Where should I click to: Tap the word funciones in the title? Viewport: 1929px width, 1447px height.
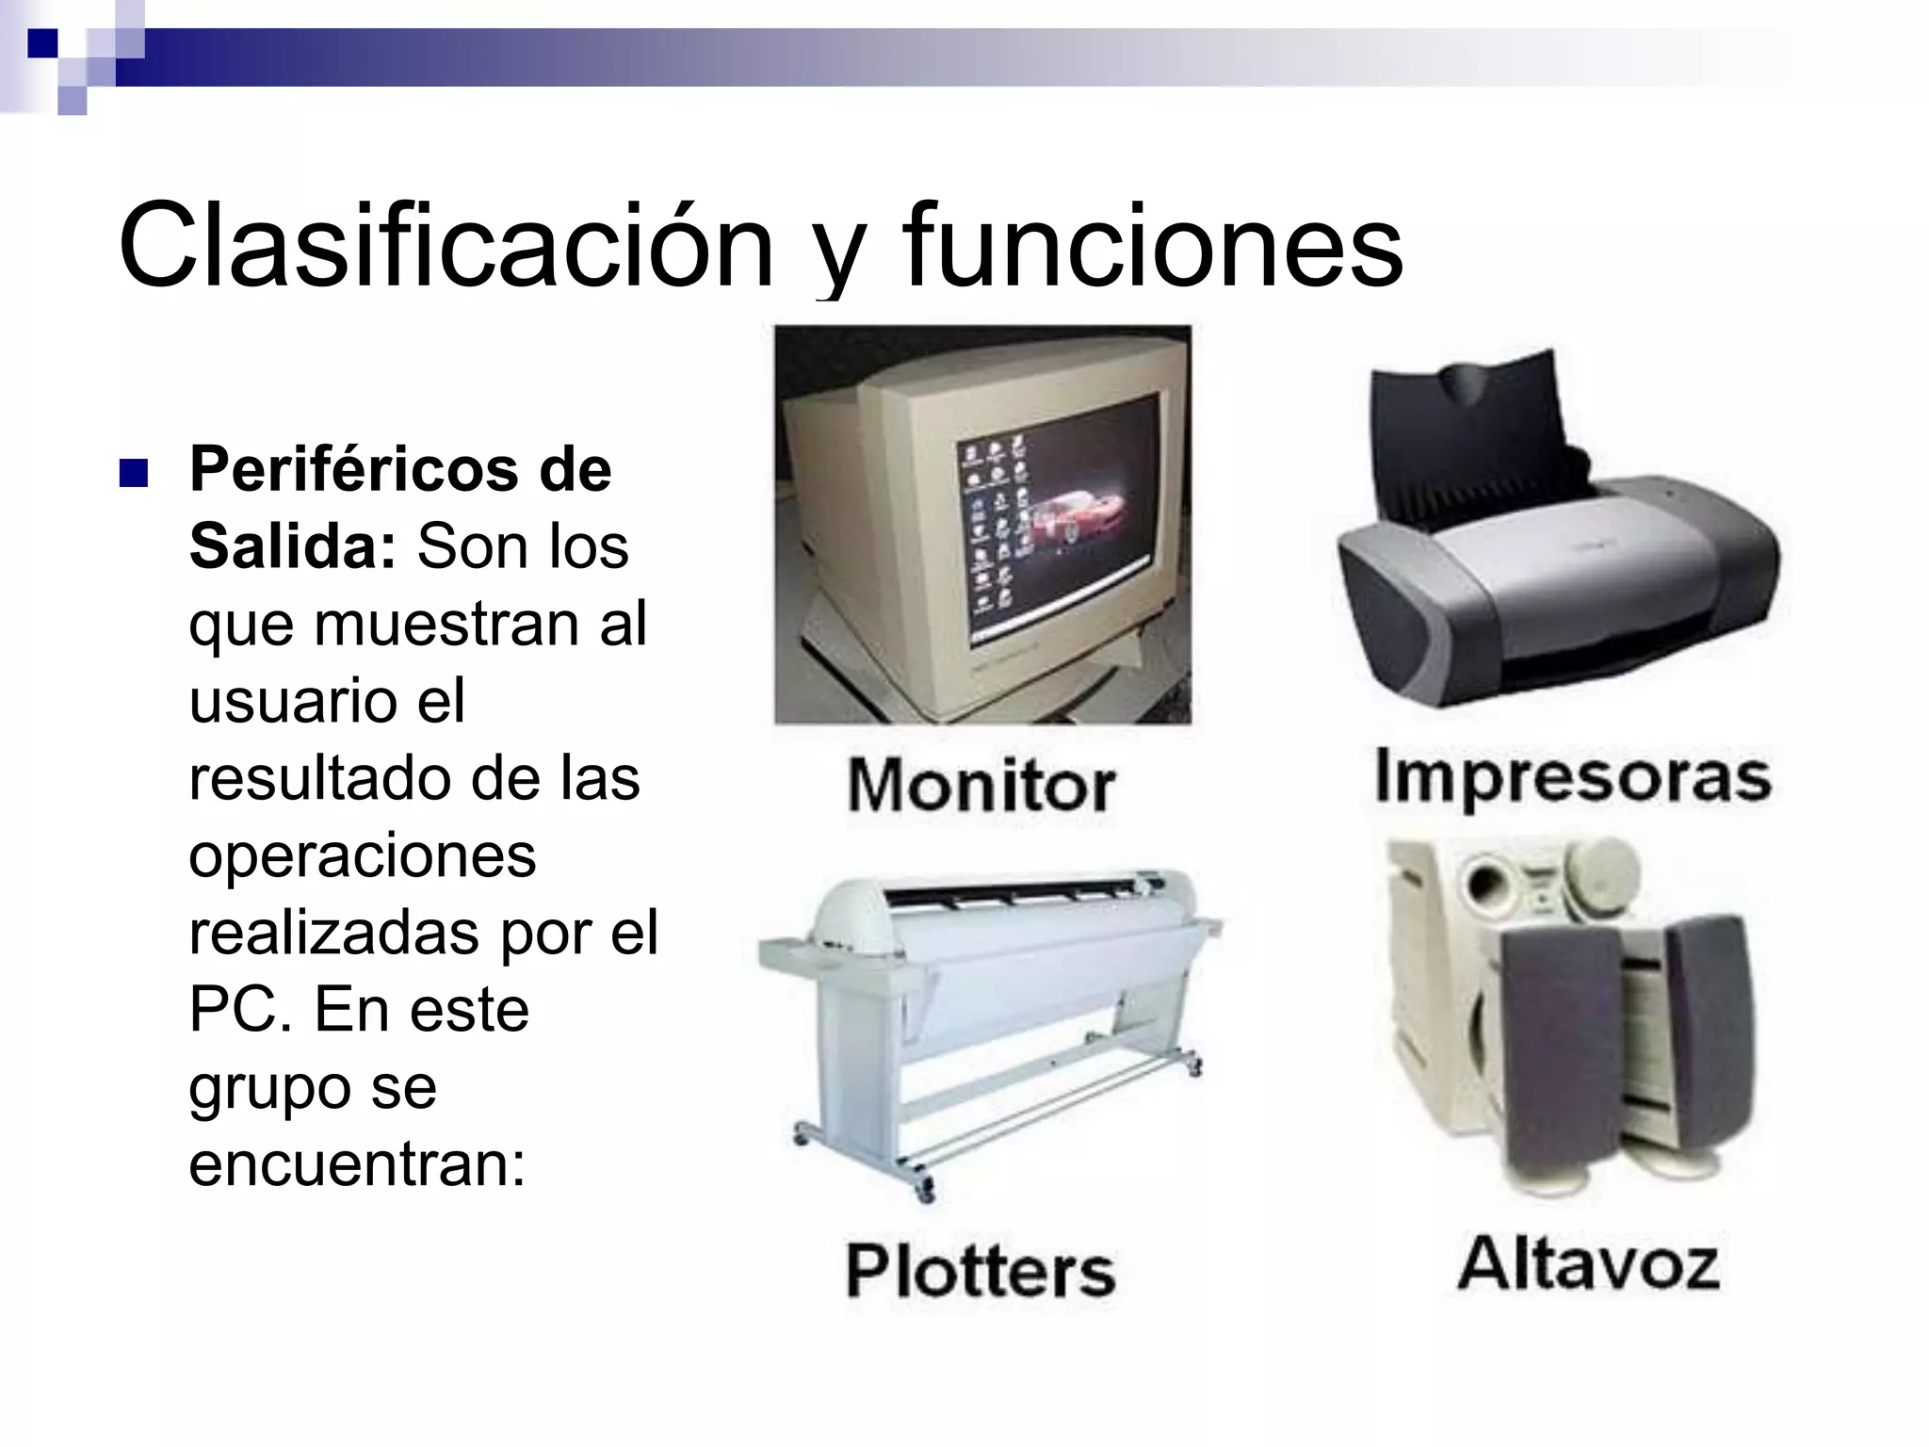[x=1152, y=247]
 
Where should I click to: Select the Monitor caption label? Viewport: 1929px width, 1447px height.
[x=981, y=786]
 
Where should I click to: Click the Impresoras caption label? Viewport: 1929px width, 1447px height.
[x=1573, y=778]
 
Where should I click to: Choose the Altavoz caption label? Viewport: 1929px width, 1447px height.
[x=1589, y=1264]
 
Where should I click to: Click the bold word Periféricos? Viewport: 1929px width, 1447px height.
[x=352, y=469]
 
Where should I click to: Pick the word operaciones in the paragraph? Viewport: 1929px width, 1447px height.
[x=363, y=857]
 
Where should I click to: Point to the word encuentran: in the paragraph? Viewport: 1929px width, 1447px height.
[x=357, y=1164]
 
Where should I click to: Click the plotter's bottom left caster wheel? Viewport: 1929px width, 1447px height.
[x=802, y=1135]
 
